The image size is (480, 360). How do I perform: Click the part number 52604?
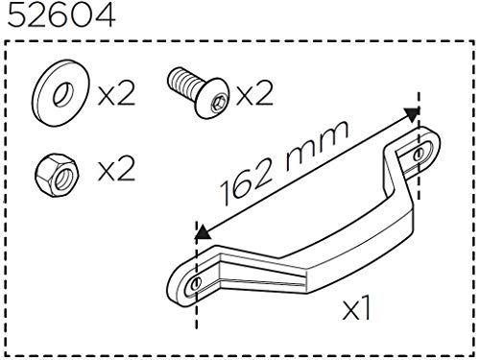[x=61, y=15]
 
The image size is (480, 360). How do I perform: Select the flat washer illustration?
[x=60, y=93]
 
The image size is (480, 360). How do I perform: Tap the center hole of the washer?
[x=63, y=94]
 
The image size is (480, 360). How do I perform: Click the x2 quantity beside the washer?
[x=116, y=95]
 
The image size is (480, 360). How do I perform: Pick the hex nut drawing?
[x=57, y=175]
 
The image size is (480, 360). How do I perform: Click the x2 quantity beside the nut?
[x=116, y=170]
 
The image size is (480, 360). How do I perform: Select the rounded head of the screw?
[x=213, y=98]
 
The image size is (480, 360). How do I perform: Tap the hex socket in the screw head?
[x=219, y=104]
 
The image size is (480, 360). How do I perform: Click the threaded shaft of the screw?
[x=183, y=80]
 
